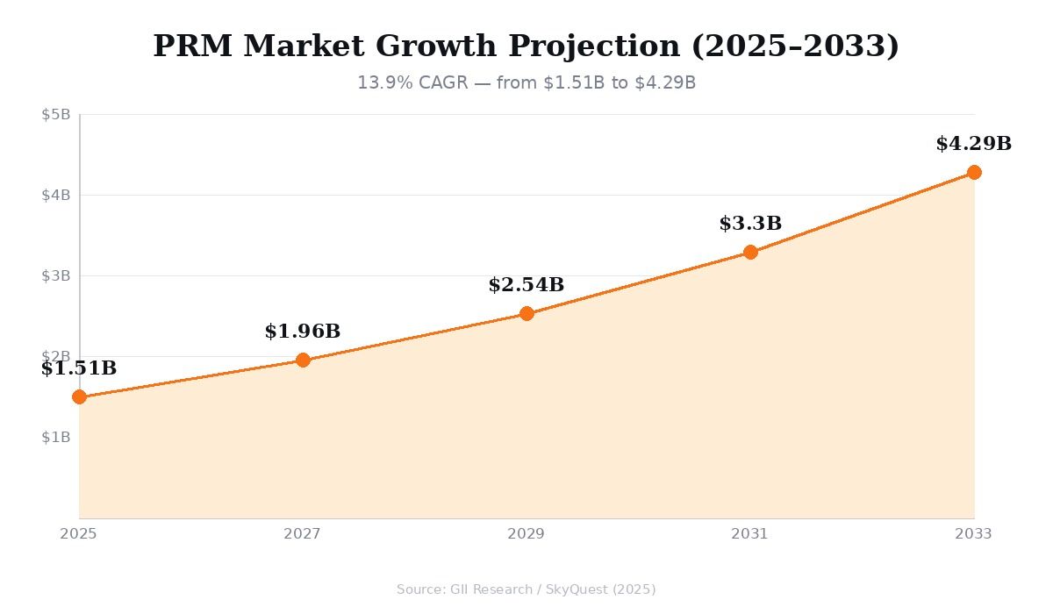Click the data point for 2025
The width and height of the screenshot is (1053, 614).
[79, 396]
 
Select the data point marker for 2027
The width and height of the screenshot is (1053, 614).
[303, 360]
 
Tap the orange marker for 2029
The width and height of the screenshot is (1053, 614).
[526, 313]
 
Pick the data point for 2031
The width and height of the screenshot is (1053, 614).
[750, 252]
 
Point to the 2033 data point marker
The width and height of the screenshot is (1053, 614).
[974, 172]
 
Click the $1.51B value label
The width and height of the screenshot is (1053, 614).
[79, 368]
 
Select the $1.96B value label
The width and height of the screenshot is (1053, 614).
[303, 332]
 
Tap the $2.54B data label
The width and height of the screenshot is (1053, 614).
[526, 285]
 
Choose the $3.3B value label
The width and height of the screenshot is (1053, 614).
[750, 224]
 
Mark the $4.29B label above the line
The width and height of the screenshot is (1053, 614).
[974, 144]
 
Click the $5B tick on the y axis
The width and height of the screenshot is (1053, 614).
[56, 114]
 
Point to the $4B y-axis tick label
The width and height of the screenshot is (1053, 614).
[56, 195]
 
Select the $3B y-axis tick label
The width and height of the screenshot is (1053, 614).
[56, 275]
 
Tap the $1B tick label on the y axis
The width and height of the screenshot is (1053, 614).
[56, 437]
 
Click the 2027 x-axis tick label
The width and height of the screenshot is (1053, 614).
[303, 534]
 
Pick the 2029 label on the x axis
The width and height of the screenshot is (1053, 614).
[526, 534]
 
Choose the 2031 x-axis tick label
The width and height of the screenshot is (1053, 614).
[750, 534]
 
